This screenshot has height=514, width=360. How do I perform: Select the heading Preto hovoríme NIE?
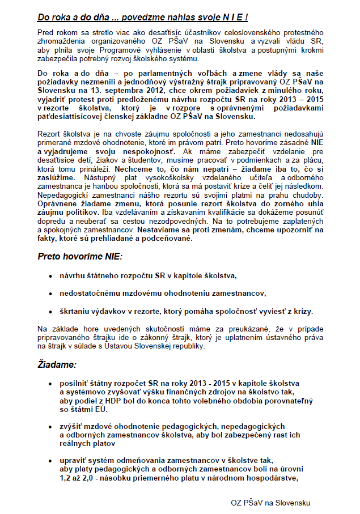pos(80,256)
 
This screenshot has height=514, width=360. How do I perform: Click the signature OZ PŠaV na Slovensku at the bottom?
pos(270,503)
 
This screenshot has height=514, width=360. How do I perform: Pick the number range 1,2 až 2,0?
pos(82,477)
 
